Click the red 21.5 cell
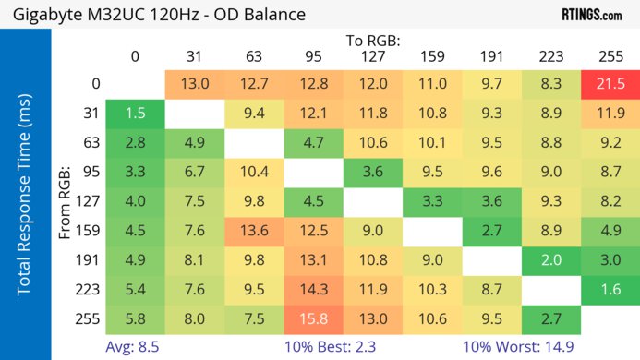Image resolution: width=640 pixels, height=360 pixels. coord(610,84)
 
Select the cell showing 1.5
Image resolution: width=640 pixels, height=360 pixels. coord(135,113)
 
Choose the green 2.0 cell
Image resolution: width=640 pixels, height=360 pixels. coord(550,260)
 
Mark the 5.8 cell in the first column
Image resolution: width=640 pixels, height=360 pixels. coord(135,319)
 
